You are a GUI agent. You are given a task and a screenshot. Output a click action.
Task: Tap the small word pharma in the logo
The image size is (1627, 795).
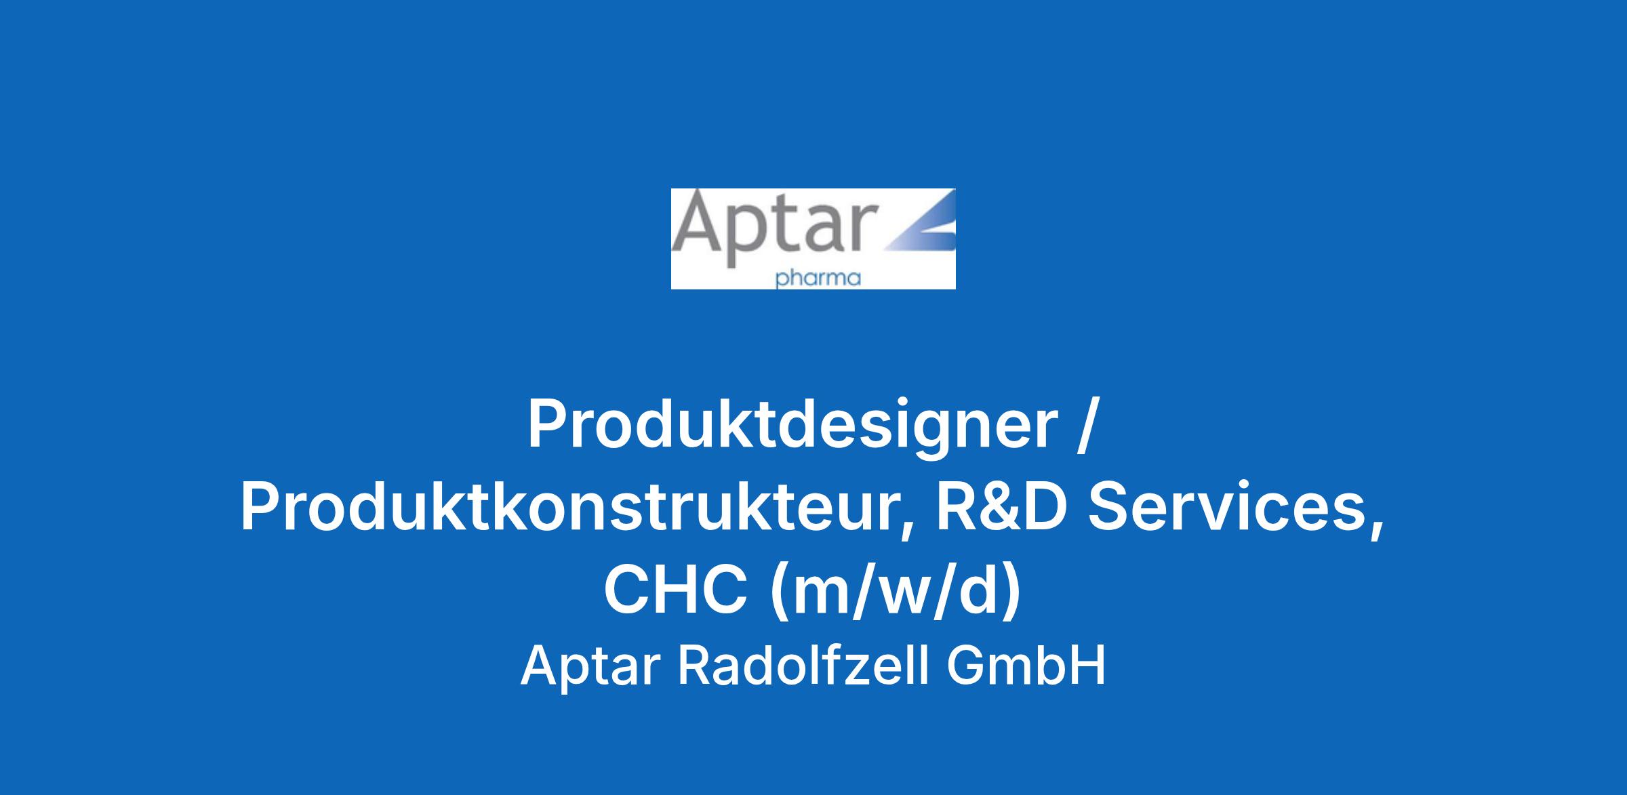click(x=818, y=279)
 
